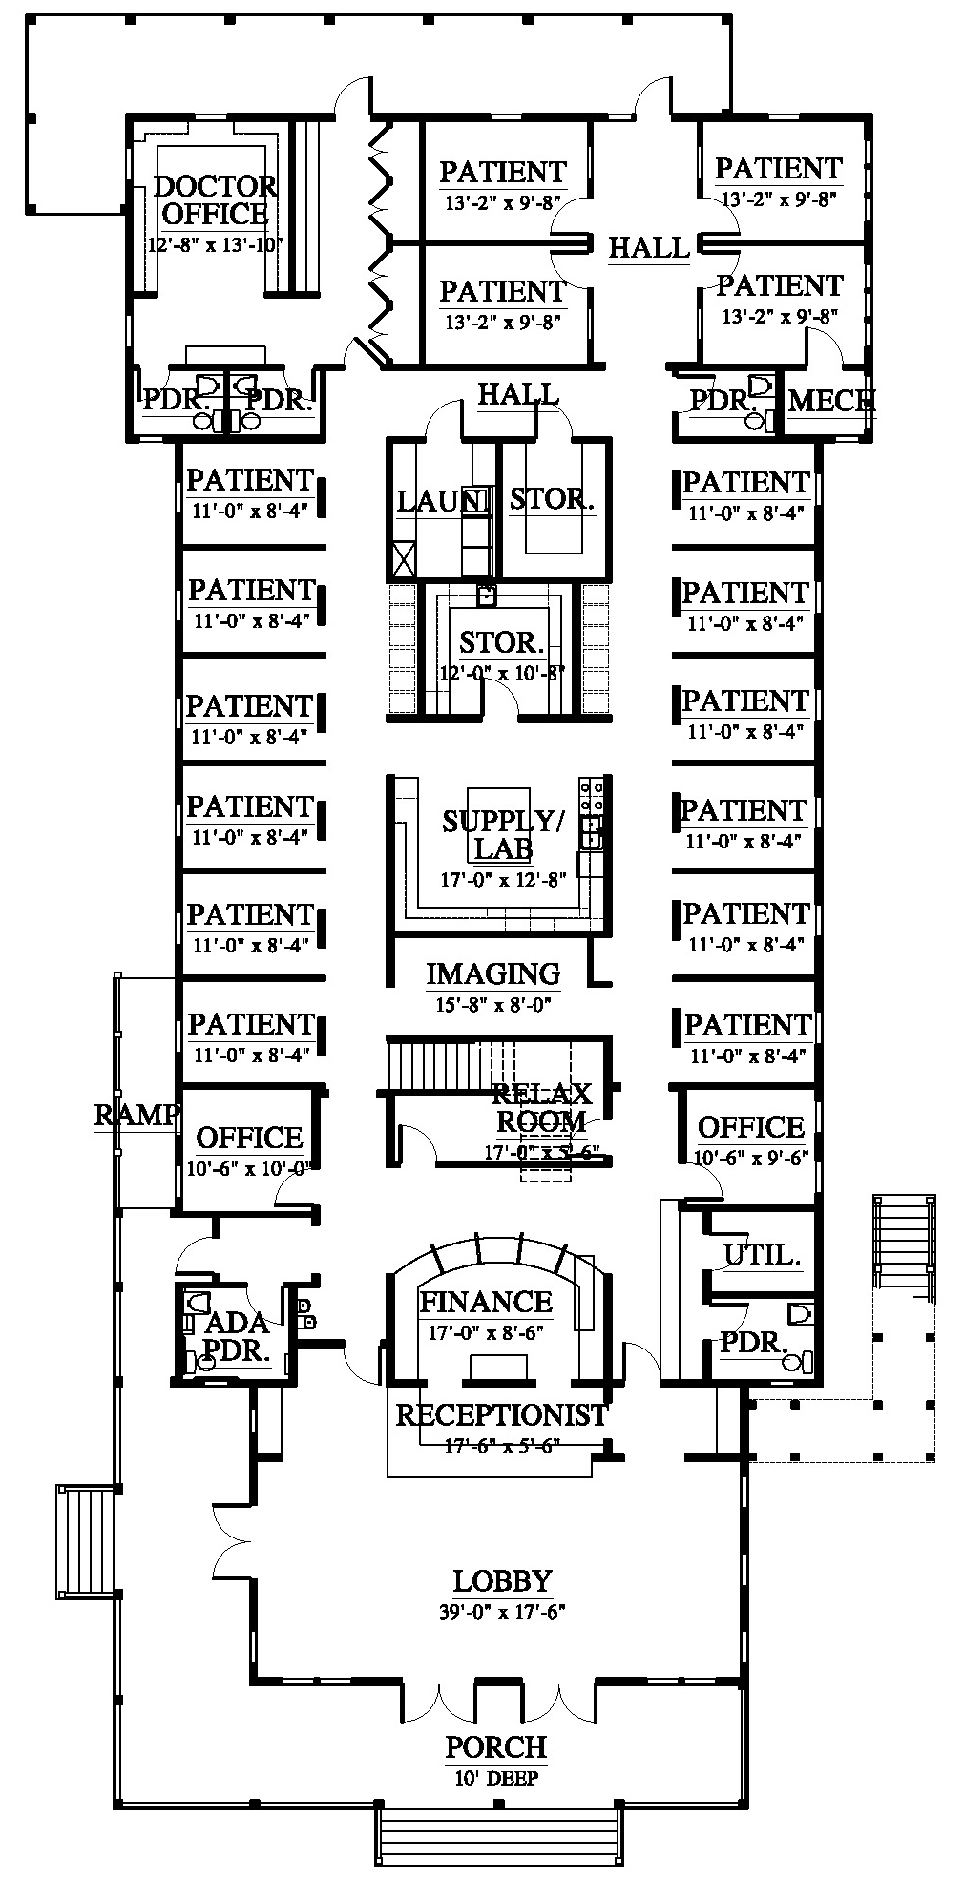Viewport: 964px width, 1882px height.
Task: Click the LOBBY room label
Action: click(x=502, y=1581)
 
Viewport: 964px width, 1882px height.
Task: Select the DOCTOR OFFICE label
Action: click(x=215, y=199)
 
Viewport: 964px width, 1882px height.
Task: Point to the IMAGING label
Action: click(x=492, y=974)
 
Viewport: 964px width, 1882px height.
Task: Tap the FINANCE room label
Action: click(x=486, y=1302)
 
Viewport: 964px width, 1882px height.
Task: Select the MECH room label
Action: click(x=830, y=401)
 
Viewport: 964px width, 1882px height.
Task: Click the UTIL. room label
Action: click(x=761, y=1255)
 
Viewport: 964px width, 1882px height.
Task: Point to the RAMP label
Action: click(x=136, y=1115)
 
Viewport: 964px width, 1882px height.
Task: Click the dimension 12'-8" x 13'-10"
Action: click(x=215, y=244)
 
